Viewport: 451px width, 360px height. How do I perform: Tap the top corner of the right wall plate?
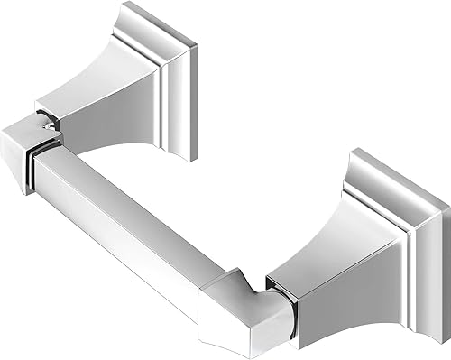(361, 152)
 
